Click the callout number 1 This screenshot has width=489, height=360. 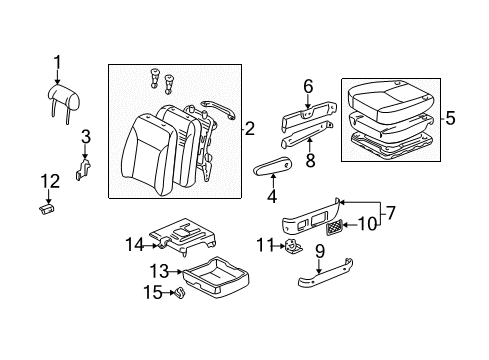[57, 66]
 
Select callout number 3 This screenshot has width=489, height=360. [86, 136]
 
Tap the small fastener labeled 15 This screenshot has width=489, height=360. [180, 294]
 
